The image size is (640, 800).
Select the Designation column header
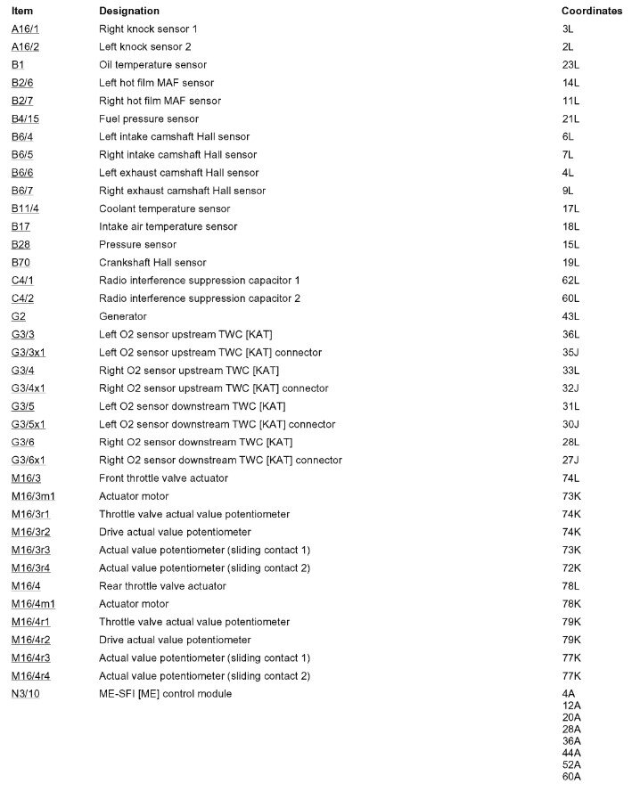point(128,11)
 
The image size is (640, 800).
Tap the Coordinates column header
point(591,11)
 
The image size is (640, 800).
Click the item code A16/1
point(25,29)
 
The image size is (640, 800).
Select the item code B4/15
point(25,118)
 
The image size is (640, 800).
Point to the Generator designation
point(122,316)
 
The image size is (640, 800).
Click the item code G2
point(18,316)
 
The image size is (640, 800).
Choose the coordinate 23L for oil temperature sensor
point(570,65)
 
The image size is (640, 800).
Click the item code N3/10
point(25,693)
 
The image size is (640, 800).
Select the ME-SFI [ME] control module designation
point(165,693)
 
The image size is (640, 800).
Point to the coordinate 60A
point(571,776)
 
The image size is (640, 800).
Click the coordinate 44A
point(571,752)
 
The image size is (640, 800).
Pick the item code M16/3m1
point(33,496)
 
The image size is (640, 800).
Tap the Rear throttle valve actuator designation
point(162,586)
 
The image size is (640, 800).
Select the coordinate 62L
point(570,281)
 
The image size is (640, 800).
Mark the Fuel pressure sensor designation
point(148,118)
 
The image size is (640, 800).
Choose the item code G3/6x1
point(29,460)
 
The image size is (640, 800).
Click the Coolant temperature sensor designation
point(164,208)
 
